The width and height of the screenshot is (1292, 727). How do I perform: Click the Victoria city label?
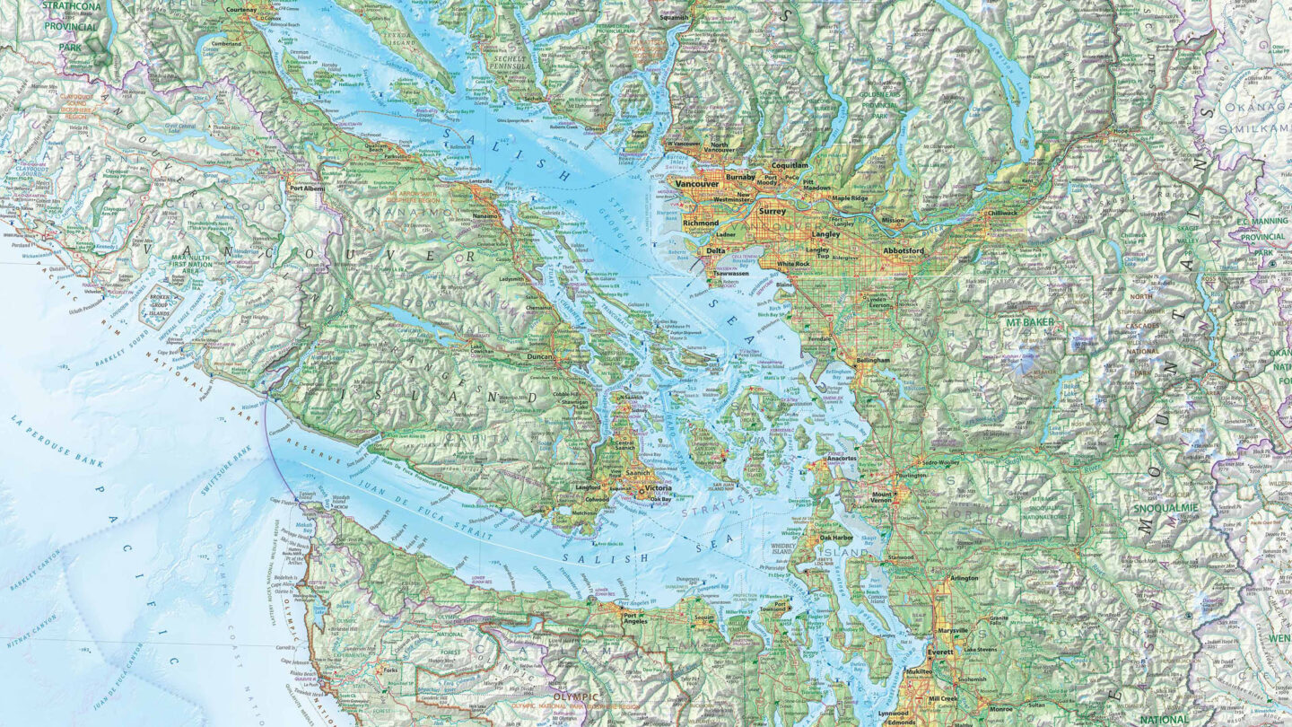pyautogui.click(x=658, y=489)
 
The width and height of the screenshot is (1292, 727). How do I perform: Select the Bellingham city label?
pyautogui.click(x=872, y=360)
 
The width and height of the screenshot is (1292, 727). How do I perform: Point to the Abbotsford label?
pyautogui.click(x=904, y=250)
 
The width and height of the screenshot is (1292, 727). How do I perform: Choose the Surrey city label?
pyautogui.click(x=772, y=212)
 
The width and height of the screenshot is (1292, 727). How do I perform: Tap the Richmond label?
pyautogui.click(x=701, y=223)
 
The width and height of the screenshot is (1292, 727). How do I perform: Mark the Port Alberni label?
pyautogui.click(x=308, y=188)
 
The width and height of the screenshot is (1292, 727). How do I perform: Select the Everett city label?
pyautogui.click(x=940, y=653)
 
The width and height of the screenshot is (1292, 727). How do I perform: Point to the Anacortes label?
pyautogui.click(x=841, y=459)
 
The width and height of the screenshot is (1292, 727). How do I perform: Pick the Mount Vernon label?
pyautogui.click(x=880, y=497)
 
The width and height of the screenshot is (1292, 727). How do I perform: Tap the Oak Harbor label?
pyautogui.click(x=835, y=539)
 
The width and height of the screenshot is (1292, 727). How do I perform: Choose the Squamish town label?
pyautogui.click(x=674, y=17)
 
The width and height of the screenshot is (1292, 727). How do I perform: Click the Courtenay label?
pyautogui.click(x=241, y=9)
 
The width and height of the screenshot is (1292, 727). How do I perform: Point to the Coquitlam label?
pyautogui.click(x=790, y=166)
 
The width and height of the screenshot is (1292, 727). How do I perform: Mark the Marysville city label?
pyautogui.click(x=952, y=631)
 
